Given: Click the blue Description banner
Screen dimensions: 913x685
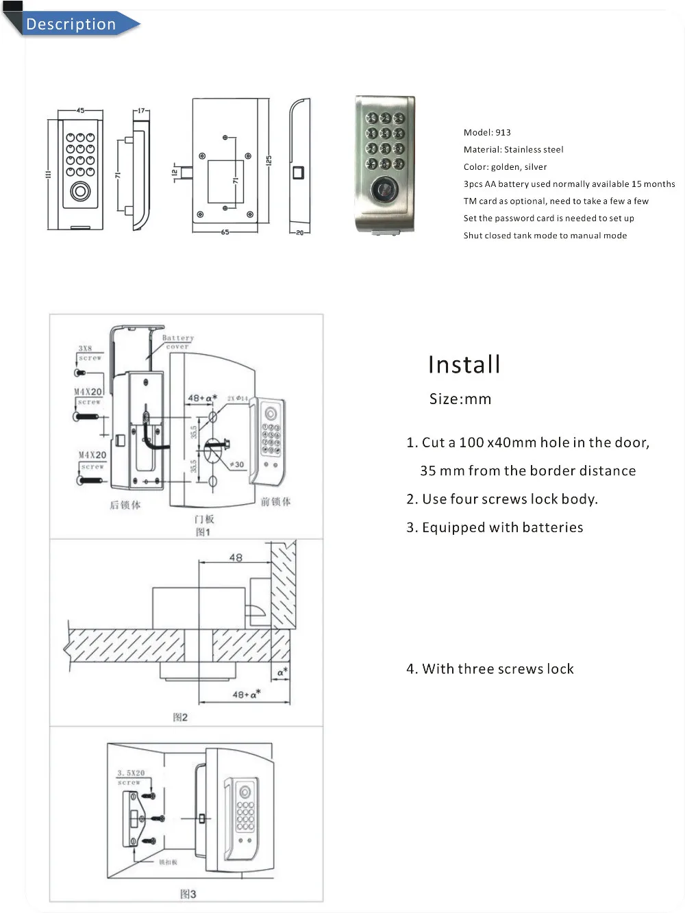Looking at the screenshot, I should point(71,24).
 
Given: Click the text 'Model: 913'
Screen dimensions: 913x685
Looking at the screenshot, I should point(487,132).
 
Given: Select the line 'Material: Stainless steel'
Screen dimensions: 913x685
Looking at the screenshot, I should point(513,149).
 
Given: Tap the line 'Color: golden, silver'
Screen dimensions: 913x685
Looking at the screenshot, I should point(505,166).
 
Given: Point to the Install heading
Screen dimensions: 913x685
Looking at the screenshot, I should point(464,364).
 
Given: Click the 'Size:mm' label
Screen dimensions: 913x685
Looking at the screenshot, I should point(460,399).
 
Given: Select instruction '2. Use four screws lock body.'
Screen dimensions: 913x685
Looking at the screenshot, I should point(502,499).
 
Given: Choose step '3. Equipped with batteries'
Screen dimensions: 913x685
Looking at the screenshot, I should point(495,527).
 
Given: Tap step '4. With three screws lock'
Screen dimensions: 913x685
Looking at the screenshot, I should point(490,668).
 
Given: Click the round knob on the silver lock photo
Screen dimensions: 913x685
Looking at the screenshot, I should point(383,188).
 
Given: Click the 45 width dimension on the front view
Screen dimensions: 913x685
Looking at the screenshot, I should point(80,110).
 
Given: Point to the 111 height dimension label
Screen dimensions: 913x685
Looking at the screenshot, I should point(49,174).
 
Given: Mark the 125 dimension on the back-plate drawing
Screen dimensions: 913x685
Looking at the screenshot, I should point(269,160).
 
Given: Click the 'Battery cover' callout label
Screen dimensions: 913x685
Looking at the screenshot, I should point(178,342).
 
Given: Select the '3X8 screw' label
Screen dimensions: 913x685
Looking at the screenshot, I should point(87,353).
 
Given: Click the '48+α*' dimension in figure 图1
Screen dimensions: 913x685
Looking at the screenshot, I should point(202,398).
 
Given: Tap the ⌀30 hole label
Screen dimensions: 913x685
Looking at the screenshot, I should point(236,464).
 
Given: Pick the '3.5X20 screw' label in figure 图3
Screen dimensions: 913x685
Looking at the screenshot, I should point(130,777).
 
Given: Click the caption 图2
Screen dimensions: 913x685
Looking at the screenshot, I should point(180,717).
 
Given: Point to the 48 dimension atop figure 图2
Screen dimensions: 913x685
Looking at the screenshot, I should point(236,558).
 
